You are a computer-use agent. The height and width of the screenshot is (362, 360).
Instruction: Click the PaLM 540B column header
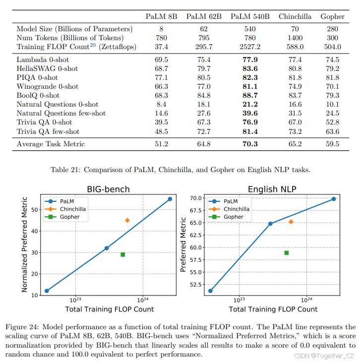(250, 16)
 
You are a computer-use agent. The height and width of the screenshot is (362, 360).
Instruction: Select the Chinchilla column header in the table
(295, 16)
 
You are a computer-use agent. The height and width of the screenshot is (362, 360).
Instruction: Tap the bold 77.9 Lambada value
(250, 60)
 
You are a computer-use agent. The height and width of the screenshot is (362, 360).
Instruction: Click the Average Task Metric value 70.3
(250, 144)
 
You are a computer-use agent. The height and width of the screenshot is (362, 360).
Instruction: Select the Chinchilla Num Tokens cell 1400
(295, 38)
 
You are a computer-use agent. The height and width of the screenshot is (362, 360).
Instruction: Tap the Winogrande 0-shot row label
(48, 86)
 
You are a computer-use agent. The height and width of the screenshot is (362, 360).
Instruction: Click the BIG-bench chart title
(108, 189)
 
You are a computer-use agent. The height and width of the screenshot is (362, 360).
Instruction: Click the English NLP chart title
(271, 189)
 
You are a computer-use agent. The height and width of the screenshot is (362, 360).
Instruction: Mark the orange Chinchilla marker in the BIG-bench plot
(127, 220)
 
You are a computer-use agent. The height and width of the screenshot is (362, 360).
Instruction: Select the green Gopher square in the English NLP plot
(287, 253)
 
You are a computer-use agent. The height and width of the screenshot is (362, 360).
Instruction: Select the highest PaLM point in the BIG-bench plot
(170, 199)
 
